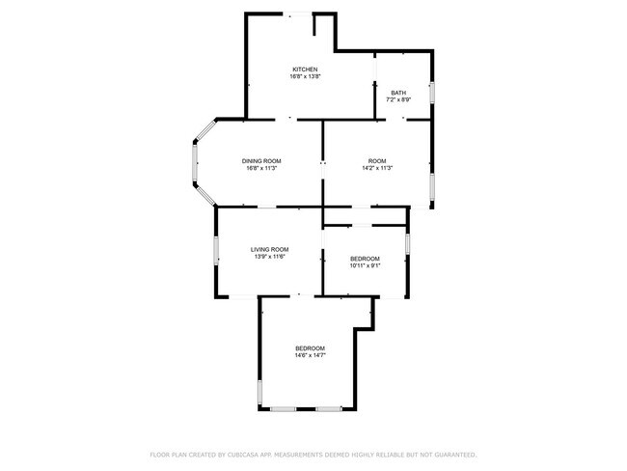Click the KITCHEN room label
click(305, 69)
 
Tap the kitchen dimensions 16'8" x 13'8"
click(306, 76)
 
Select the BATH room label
click(398, 93)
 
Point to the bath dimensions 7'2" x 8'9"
click(398, 99)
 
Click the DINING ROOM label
click(261, 161)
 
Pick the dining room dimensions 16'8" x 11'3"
click(262, 168)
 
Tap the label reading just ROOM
click(377, 161)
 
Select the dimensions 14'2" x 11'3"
click(377, 168)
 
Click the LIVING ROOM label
click(269, 250)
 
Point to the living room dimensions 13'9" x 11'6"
click(269, 257)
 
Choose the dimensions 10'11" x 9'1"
click(365, 265)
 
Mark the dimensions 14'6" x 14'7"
click(311, 355)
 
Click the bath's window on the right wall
click(432, 93)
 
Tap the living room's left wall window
click(216, 251)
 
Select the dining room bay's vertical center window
click(195, 162)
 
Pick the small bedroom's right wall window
click(407, 243)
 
